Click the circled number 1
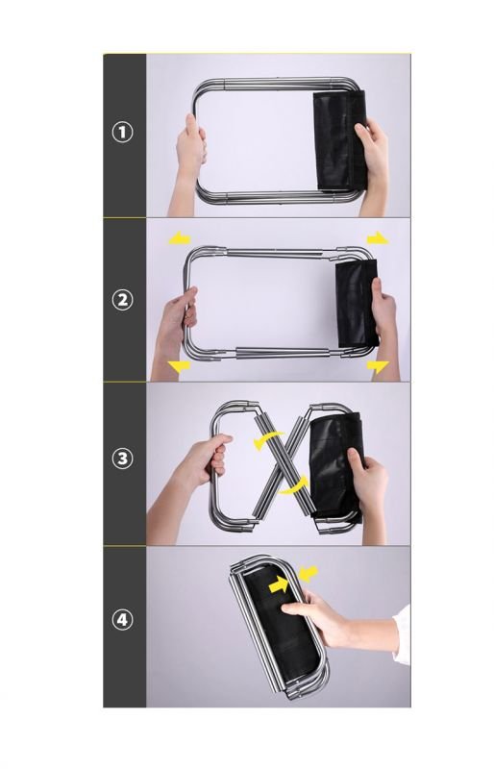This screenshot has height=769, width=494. tap(122, 133)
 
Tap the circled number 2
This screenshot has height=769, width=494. tap(122, 300)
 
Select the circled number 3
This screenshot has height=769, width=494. tap(122, 459)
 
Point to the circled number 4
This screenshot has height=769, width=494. tap(122, 620)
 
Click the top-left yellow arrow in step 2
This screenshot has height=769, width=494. tap(179, 237)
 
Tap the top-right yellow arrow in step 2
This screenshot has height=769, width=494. tap(378, 238)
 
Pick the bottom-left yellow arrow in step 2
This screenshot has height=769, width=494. tap(179, 366)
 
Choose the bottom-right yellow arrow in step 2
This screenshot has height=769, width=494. tap(378, 366)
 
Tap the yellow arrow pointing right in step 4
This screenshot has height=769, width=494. tap(279, 583)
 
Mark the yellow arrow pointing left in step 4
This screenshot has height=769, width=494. tap(309, 573)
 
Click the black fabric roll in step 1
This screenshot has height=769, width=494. tap(340, 140)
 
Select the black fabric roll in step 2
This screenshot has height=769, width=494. tap(357, 302)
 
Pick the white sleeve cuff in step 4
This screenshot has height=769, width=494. tap(403, 635)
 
